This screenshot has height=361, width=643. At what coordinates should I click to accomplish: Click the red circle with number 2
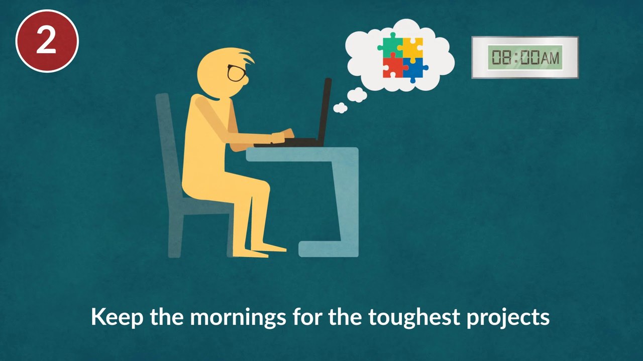(47, 41)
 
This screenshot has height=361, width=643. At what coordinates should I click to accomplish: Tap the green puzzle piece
(389, 46)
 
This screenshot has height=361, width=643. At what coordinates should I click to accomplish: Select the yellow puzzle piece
(413, 48)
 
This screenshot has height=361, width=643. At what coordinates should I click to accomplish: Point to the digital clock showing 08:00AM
(525, 57)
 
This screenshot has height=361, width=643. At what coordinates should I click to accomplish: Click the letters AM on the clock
(550, 58)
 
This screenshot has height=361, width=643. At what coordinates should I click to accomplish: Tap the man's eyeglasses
(236, 73)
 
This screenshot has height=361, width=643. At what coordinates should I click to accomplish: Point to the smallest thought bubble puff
(340, 107)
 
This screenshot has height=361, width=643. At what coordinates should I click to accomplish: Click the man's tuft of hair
(246, 55)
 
